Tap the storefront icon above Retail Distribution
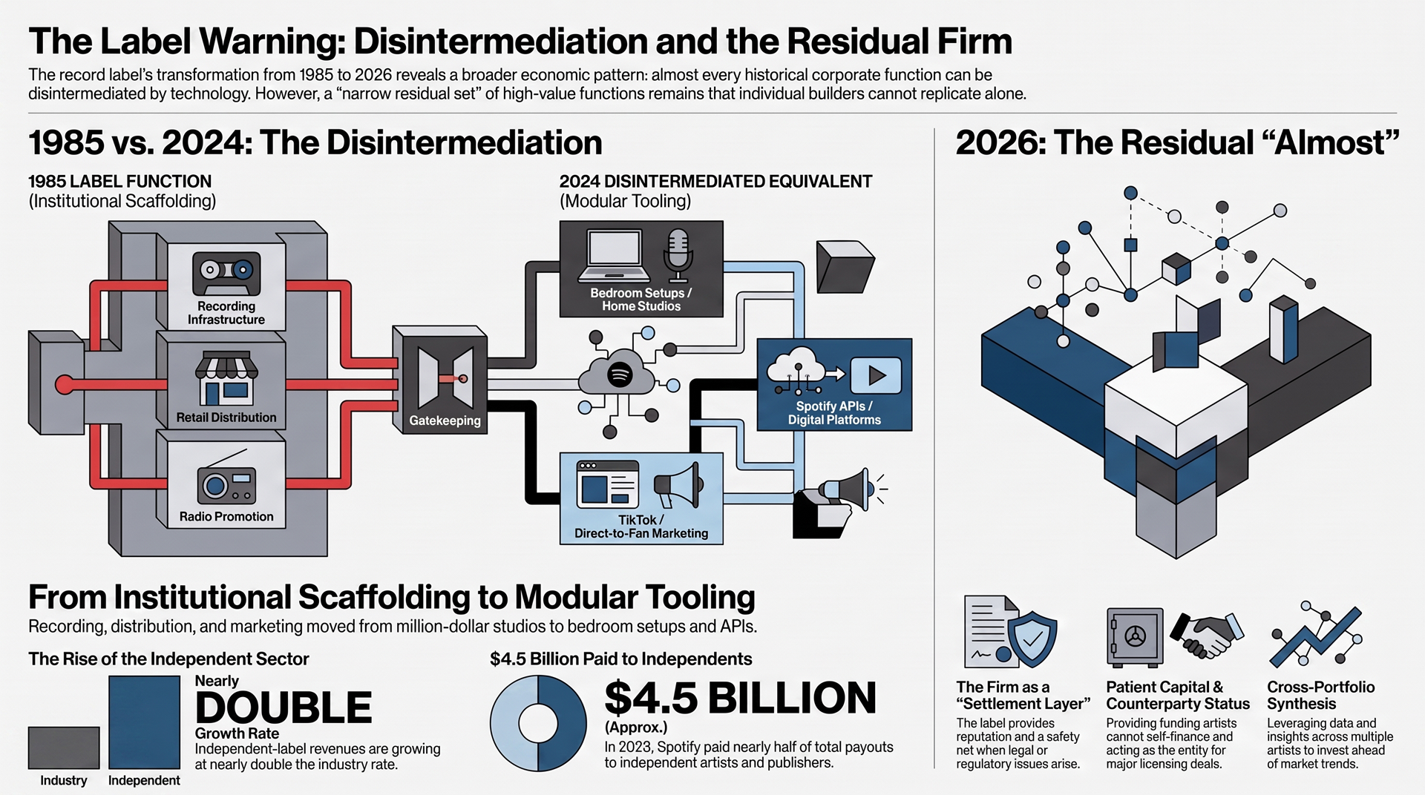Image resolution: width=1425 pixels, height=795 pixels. (226, 378)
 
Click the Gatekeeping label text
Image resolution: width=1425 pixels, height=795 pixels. (445, 420)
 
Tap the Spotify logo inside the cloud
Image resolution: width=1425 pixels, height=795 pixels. (620, 375)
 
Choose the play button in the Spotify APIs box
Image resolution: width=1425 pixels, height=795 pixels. (876, 375)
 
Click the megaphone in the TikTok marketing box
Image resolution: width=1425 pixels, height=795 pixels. (677, 485)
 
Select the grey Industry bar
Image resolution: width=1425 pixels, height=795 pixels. (64, 748)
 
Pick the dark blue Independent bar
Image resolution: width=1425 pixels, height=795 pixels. (144, 722)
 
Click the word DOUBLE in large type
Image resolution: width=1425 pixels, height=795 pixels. (284, 707)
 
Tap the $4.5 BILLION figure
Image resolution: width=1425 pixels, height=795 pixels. (740, 698)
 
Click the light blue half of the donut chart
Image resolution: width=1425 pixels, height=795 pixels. (506, 723)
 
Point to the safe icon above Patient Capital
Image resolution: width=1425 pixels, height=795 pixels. (1135, 636)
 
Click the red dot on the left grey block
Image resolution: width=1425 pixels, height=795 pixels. (65, 384)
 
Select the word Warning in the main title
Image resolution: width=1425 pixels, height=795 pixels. (271, 42)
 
